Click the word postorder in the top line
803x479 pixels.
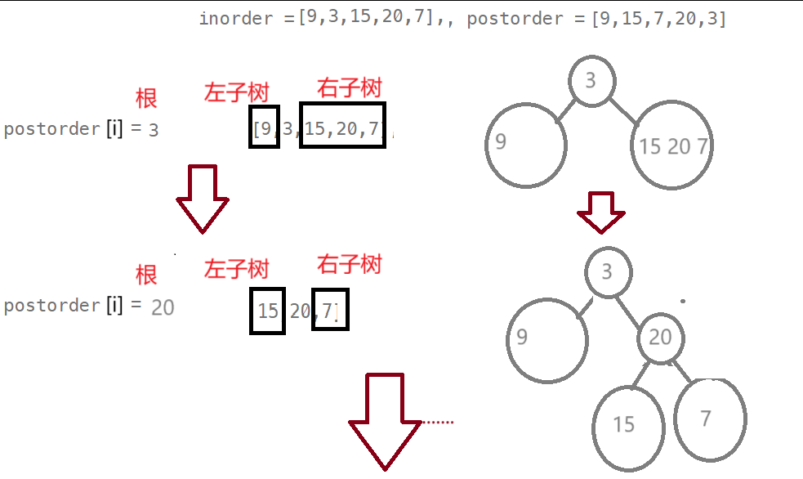(x=515, y=19)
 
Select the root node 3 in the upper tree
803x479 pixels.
(x=591, y=81)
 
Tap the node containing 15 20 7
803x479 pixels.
(x=673, y=145)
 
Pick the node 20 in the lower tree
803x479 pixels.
(x=660, y=338)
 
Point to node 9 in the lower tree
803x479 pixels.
(x=546, y=338)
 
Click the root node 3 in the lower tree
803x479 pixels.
(x=607, y=271)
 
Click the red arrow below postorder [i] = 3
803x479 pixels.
(x=203, y=199)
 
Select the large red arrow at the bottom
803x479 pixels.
(x=386, y=422)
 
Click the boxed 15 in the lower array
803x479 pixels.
(x=267, y=311)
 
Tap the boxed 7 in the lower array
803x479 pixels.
(x=330, y=311)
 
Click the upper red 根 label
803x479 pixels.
(x=146, y=98)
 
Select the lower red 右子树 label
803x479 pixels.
(x=350, y=264)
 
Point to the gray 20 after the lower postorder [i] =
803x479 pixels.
(x=163, y=307)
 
